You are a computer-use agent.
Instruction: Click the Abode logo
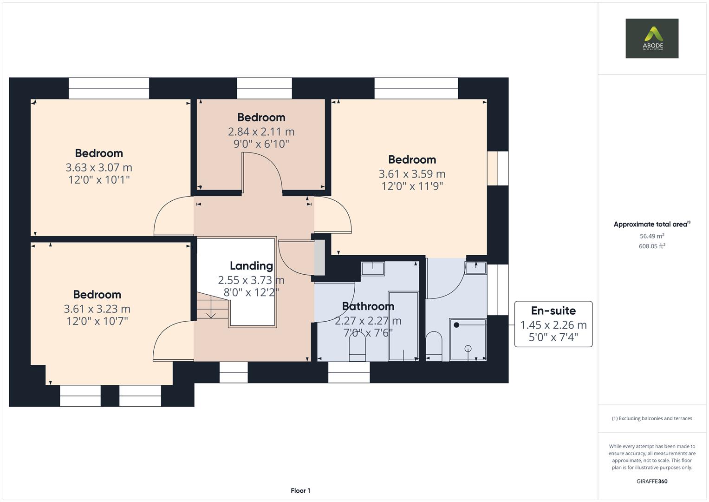651,39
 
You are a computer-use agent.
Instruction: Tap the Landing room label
251,266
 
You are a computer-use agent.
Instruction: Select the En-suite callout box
553,324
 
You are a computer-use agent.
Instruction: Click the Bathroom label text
368,306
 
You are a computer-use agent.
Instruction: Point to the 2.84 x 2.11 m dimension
261,132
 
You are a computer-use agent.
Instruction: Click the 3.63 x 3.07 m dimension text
98,167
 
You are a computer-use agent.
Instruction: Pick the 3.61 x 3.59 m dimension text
412,174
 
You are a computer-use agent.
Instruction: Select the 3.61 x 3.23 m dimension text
97,309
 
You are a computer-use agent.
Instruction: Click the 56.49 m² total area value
651,236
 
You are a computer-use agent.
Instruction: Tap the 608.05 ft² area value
651,246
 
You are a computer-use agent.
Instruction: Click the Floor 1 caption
300,490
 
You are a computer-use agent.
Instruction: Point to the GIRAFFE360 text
651,481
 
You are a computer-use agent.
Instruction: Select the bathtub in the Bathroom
403,326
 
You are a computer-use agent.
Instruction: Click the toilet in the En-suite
434,346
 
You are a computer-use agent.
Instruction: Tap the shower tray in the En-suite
468,339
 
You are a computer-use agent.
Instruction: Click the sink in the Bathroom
372,269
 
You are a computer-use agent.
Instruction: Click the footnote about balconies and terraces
651,418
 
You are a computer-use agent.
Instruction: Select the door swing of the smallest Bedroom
262,172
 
